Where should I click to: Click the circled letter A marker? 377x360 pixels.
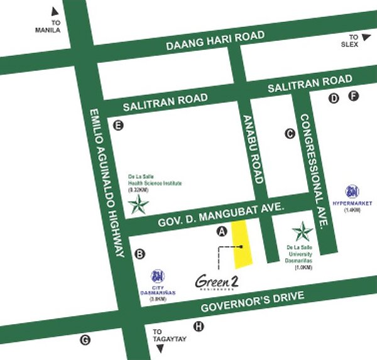pos(221,231)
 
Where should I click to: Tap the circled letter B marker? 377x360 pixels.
pos(140,254)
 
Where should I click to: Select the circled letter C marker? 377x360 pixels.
pos(290,133)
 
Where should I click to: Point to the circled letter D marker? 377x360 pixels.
pos(334,97)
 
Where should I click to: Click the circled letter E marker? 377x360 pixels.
pos(117,126)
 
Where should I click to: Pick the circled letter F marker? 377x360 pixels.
pos(353,96)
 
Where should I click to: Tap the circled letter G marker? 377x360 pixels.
pos(85,341)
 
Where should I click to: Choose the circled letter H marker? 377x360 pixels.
pos(199,326)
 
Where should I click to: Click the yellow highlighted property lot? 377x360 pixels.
pos(242,244)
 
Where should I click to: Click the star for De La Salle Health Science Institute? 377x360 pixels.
pos(138,204)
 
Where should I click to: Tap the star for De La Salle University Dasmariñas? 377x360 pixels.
pos(302,232)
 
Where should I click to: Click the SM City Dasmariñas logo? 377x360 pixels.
pos(158,275)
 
